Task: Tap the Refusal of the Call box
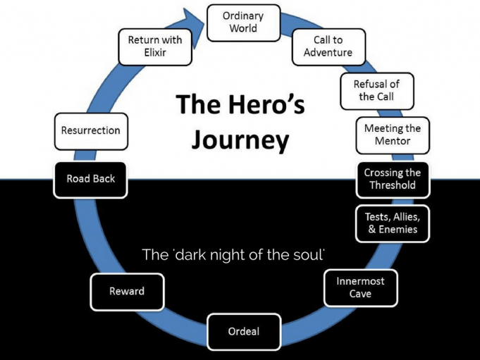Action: point(376,90)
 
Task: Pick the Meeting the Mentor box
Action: point(393,135)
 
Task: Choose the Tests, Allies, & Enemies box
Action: point(393,223)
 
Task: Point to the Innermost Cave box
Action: point(360,287)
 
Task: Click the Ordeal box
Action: point(243,331)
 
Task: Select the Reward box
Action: point(127,292)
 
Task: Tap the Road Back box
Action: point(91,179)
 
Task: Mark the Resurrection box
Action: point(91,130)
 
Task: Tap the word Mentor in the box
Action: point(393,142)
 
